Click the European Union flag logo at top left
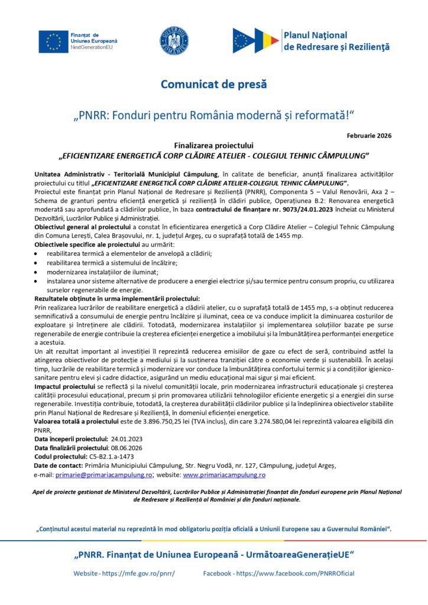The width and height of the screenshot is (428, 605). (53, 40)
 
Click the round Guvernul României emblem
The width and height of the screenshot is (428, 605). (174, 40)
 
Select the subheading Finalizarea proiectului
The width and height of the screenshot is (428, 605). (213, 145)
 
